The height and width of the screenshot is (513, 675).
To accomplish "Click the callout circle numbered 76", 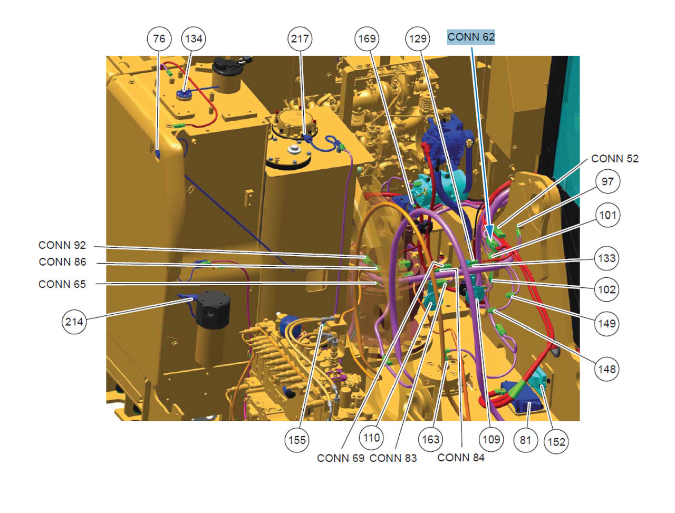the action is (x=159, y=38).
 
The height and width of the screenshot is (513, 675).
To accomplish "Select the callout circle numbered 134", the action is (x=194, y=38).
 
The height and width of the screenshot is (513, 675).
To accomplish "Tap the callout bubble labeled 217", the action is (x=300, y=38).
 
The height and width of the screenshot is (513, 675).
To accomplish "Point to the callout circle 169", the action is (x=367, y=38).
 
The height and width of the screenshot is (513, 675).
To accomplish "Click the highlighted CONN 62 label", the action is (x=471, y=37).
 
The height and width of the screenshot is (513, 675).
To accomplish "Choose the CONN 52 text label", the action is (x=615, y=159).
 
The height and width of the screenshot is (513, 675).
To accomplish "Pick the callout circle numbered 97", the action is (x=607, y=181).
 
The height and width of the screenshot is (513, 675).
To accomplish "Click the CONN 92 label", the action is (x=62, y=245).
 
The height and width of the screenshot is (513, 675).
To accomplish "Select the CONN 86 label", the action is (x=62, y=262).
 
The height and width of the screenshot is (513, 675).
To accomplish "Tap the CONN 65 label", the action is (x=62, y=284).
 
